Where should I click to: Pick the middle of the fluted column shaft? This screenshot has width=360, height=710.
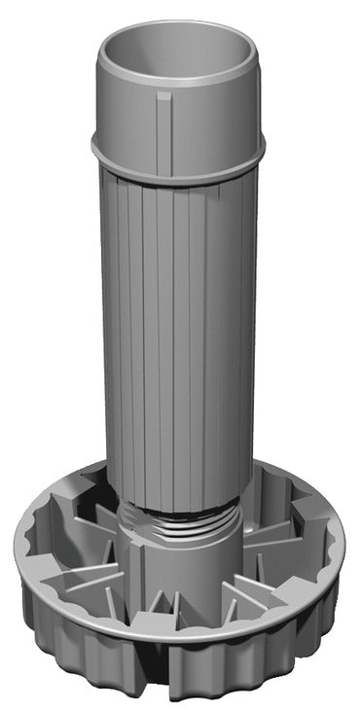pyautogui.click(x=180, y=331)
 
